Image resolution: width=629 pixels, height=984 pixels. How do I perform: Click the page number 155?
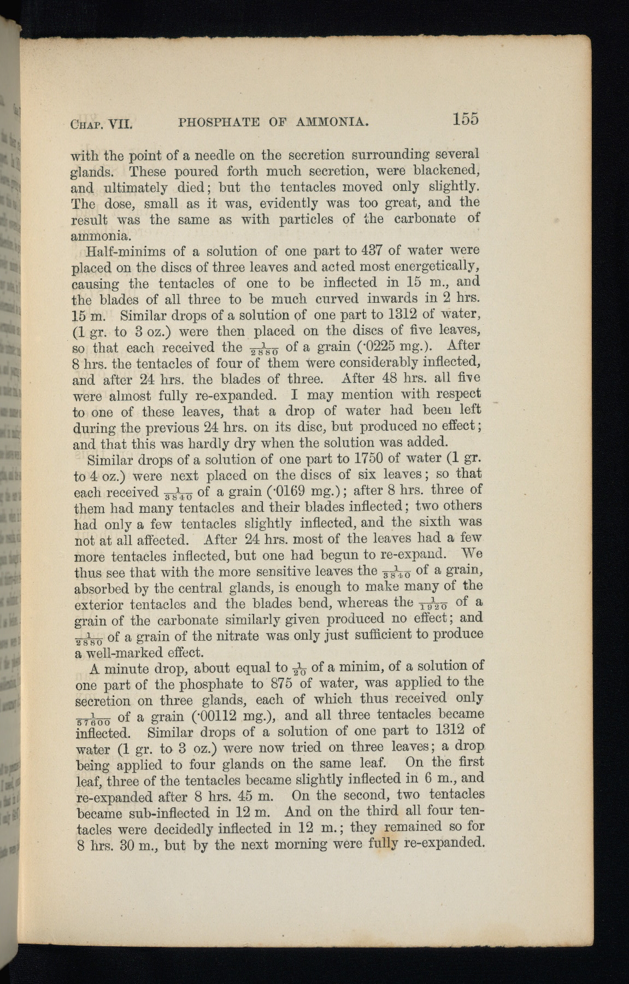[465, 120]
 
